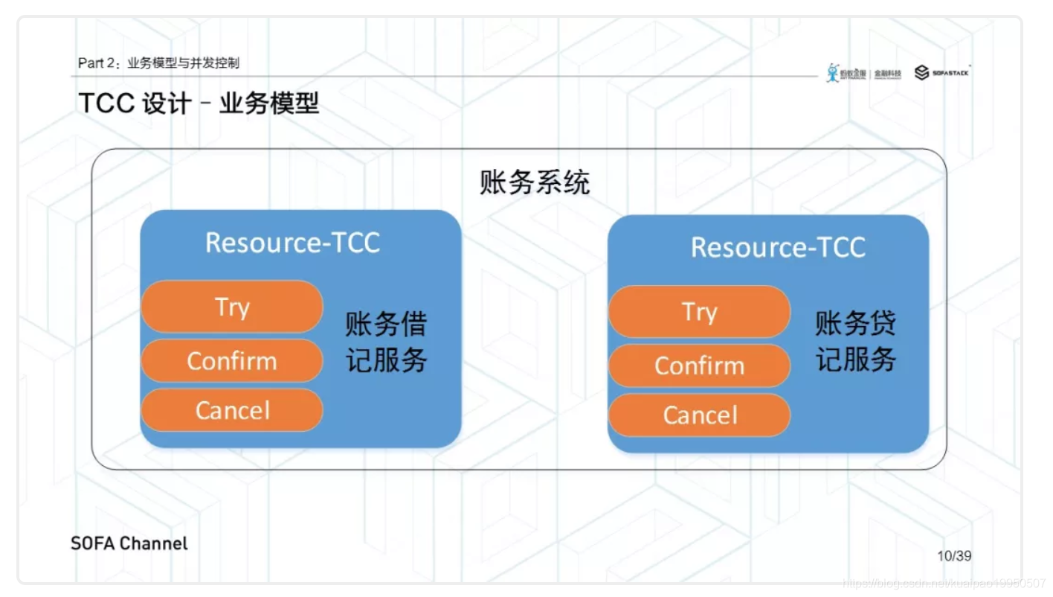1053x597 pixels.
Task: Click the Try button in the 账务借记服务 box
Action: (x=232, y=307)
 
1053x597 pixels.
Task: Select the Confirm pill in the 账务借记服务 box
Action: (x=232, y=361)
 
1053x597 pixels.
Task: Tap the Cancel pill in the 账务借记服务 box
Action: (x=232, y=410)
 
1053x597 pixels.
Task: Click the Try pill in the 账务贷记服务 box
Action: (x=699, y=312)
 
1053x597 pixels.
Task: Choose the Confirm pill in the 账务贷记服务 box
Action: (x=699, y=365)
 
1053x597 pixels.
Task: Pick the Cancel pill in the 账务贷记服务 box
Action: (x=699, y=415)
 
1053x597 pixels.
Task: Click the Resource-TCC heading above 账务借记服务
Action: (x=292, y=243)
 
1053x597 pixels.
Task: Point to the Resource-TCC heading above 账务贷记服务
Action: (x=778, y=247)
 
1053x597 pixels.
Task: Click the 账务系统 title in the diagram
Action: (x=535, y=182)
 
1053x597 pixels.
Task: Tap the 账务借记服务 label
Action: (x=386, y=342)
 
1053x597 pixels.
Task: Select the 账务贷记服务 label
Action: (x=856, y=342)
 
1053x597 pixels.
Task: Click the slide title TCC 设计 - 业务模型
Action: (x=199, y=103)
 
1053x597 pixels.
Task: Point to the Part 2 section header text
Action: (x=158, y=63)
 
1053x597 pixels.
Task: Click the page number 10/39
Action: (x=954, y=556)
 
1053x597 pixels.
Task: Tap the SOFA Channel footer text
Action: (x=129, y=543)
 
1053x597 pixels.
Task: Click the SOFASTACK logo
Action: (x=942, y=72)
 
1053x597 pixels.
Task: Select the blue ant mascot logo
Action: (x=833, y=72)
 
